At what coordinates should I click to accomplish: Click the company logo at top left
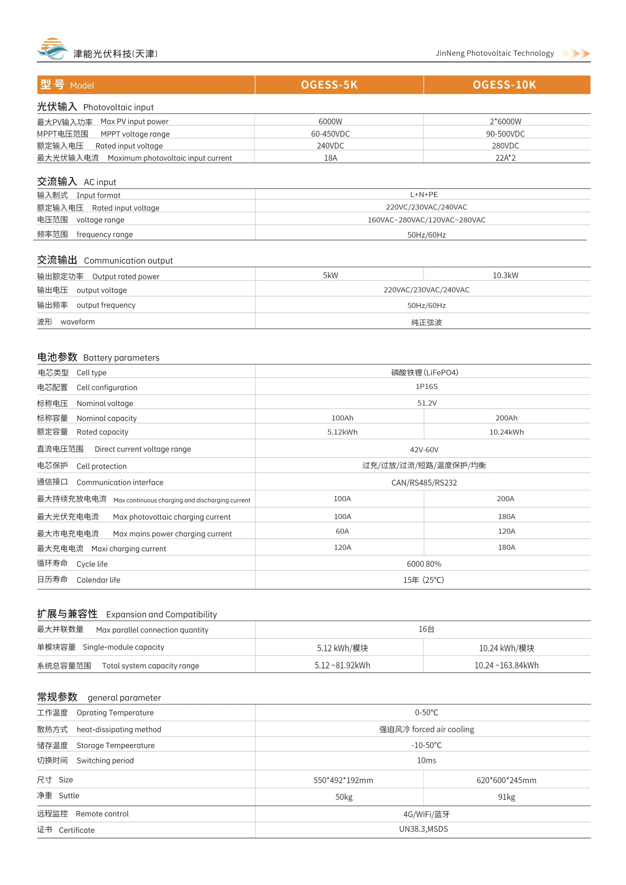[53, 49]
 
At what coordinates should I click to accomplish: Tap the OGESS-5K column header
[329, 85]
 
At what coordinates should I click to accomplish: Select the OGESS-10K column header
[504, 85]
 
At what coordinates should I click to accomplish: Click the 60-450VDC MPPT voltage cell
[330, 134]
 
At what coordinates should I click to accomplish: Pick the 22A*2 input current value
[505, 158]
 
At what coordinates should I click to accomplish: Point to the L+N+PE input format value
[424, 195]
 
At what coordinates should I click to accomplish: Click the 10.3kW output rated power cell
[505, 275]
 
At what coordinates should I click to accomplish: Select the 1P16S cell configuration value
[426, 386]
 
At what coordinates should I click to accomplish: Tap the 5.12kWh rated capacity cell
[342, 432]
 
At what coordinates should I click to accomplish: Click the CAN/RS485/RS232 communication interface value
[424, 483]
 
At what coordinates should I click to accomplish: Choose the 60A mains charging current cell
[342, 531]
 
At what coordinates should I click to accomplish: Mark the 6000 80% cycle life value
[424, 564]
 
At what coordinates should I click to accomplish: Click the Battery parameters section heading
[98, 357]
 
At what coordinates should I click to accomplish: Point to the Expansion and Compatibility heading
[127, 614]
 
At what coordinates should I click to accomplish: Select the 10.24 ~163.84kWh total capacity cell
[506, 665]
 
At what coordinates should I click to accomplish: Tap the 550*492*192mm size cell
[343, 780]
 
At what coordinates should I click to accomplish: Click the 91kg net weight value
[506, 797]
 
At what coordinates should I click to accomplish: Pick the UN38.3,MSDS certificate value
[423, 829]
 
